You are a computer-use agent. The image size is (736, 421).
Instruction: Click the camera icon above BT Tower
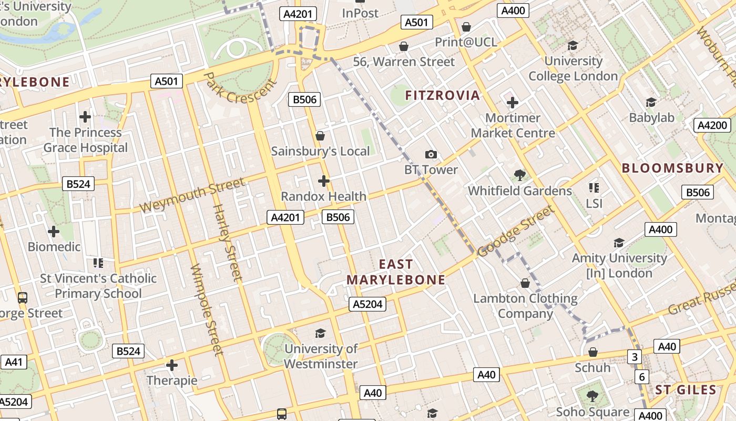coord(431,154)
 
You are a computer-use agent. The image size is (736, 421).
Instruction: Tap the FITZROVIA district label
coord(443,95)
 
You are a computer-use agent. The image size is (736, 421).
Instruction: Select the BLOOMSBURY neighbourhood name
coord(672,168)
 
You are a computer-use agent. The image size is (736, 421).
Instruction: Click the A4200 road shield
coord(712,125)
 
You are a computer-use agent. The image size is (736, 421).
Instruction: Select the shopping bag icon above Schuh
coord(593,352)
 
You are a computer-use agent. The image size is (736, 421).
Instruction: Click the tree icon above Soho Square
coord(592,396)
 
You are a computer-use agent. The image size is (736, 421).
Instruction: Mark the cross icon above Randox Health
coord(324,181)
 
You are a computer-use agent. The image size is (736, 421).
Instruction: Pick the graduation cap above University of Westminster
coord(320,333)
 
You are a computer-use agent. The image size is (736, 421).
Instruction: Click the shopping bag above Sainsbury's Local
coord(320,136)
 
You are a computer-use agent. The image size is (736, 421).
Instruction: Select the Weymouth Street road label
coord(192,195)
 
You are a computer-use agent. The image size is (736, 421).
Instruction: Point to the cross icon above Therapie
coord(172,365)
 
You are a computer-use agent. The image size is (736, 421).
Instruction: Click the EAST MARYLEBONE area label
coord(396,272)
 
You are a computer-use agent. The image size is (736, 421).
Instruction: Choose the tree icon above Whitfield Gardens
coord(520,175)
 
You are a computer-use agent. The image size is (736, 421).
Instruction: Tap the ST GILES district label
coord(686,390)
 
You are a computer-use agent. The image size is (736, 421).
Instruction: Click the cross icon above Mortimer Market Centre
coord(513,102)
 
